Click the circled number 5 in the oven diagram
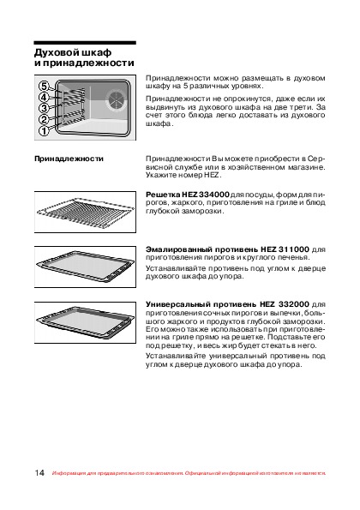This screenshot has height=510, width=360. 44,87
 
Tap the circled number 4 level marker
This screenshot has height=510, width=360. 44,97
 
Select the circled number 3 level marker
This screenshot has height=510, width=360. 44,108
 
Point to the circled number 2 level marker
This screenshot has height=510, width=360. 44,119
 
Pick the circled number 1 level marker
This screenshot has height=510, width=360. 44,131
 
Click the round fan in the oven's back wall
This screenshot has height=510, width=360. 115,99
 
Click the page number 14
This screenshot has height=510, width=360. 39,472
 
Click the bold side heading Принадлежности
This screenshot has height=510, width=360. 69,159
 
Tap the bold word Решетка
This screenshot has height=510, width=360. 163,195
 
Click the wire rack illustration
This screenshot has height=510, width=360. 85,212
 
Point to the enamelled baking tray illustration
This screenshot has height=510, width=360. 85,267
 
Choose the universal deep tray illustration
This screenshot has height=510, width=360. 85,322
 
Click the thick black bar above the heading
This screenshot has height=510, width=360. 85,43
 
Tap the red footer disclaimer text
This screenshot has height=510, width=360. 189,473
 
